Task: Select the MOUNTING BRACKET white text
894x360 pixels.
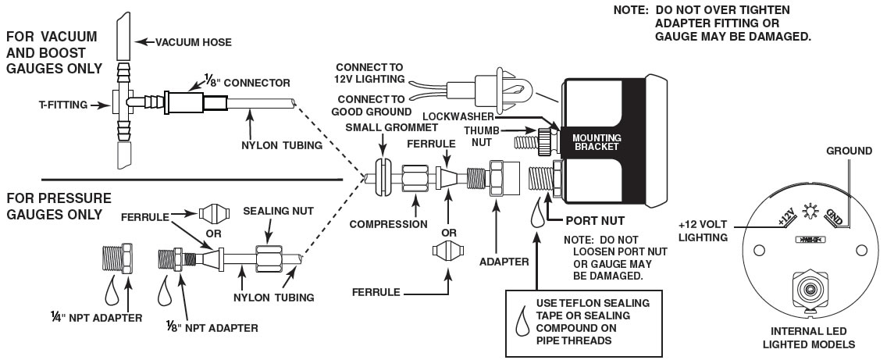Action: click(593, 141)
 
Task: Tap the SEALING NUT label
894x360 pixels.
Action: click(269, 212)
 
